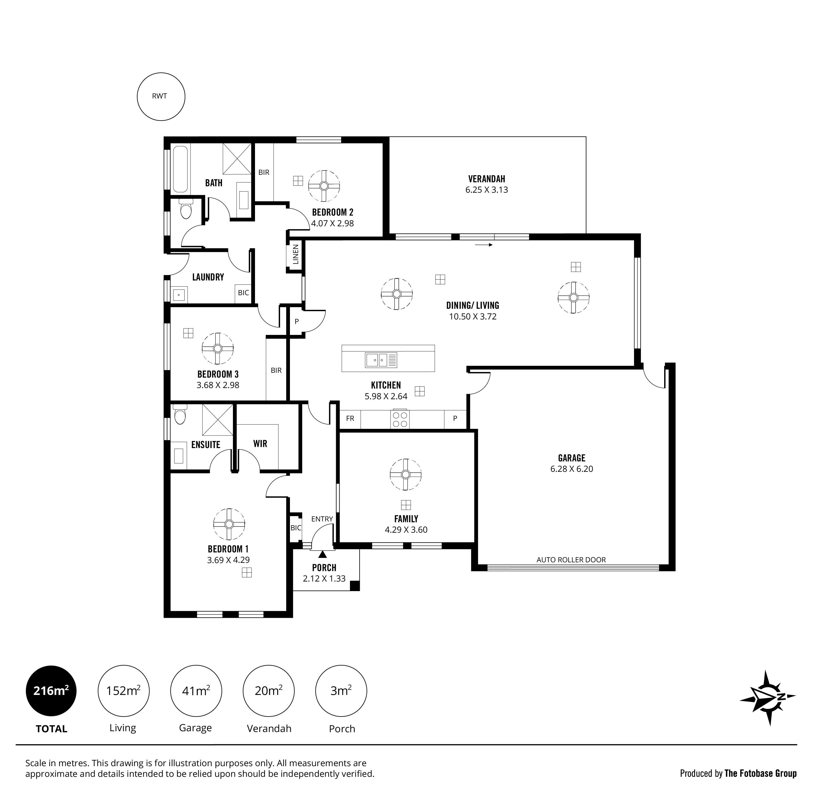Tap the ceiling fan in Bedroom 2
tap(324, 186)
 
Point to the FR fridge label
tap(350, 418)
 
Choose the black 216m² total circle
tap(51, 691)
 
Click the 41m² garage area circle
tap(196, 691)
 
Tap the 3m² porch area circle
tap(341, 691)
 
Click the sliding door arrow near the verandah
tap(484, 245)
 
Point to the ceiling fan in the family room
tap(406, 474)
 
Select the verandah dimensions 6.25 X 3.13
tap(487, 190)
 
